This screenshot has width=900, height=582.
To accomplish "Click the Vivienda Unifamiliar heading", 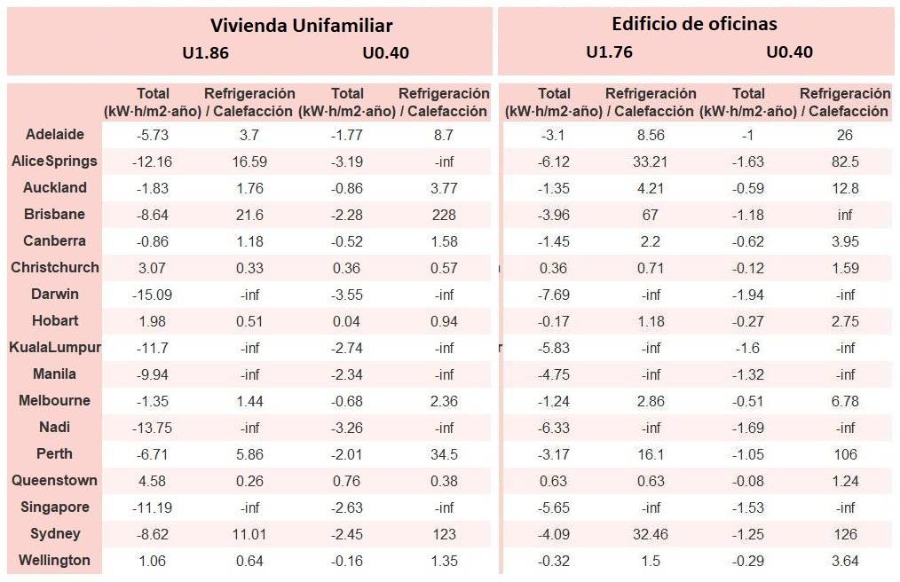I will [301, 25].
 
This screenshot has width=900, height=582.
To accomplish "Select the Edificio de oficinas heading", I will [694, 24].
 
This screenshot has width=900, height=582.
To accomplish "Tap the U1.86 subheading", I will [205, 52].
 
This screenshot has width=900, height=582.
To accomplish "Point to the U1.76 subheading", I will [609, 51].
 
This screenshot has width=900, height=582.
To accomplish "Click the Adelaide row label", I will [55, 135].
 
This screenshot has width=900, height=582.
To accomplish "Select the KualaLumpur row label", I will [55, 348].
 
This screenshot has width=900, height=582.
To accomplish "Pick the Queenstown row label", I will [55, 481].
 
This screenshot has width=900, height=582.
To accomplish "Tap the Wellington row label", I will [55, 561].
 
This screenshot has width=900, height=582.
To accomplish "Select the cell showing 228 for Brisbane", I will [444, 215].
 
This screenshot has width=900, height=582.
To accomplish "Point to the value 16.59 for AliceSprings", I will [249, 161].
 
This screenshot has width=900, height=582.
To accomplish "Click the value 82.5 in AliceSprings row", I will [845, 161].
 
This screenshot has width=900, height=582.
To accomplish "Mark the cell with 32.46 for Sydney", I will [651, 534].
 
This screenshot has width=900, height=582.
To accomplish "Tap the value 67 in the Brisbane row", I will [651, 215].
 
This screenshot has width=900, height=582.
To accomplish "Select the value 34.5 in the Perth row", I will [444, 454].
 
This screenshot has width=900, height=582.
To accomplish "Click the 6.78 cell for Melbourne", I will [845, 401].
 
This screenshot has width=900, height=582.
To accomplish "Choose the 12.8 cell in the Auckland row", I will [845, 188].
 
